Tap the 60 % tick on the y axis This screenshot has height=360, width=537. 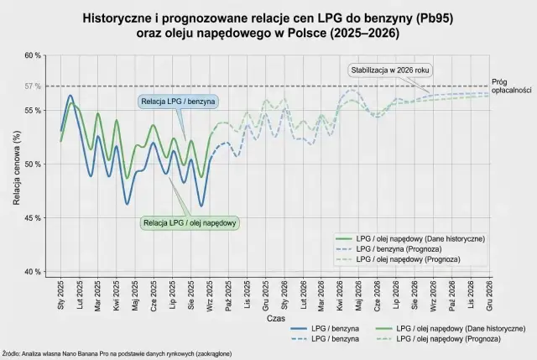coord(32,55)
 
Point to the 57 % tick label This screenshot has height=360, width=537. coord(32,86)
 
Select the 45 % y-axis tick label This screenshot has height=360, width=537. coord(32,218)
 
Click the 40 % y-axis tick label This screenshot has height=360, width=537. coord(32,272)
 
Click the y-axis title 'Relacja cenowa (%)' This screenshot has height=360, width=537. coord(16,164)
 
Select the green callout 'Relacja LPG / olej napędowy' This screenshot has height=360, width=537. coord(190,223)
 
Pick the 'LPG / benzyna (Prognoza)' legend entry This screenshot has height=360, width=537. coord(409,249)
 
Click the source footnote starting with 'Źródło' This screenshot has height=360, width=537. coord(117,353)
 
